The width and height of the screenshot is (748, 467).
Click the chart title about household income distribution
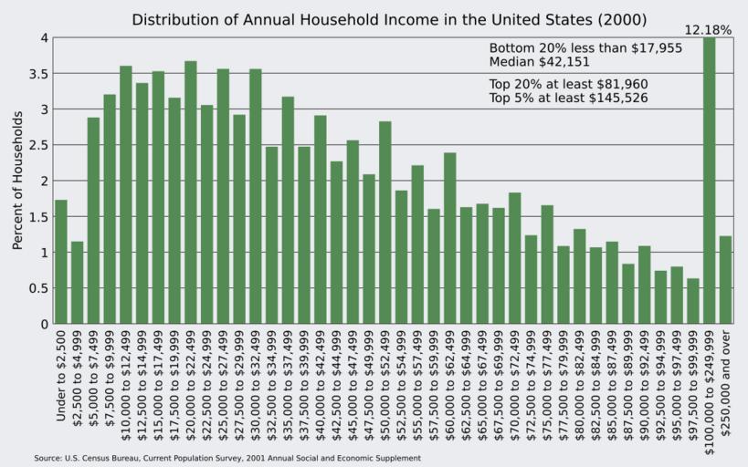pos(389,19)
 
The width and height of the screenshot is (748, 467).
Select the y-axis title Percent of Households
pos(17,181)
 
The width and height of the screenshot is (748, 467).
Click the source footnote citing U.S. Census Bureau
pos(227,458)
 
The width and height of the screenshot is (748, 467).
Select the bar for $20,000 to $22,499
pos(191,192)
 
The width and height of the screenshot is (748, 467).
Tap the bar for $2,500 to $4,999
pos(78,283)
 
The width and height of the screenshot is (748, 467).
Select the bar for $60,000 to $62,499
pos(450,238)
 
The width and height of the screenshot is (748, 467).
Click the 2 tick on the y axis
pos(43,181)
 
